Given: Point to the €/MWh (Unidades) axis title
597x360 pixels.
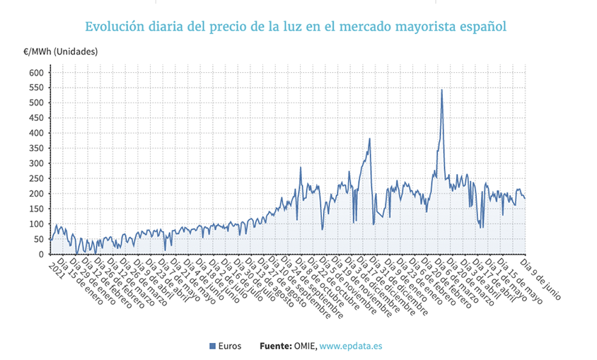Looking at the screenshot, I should click(x=60, y=52).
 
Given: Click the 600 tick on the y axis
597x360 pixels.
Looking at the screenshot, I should click(x=37, y=72).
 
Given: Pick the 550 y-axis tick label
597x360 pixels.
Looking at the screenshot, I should click(x=37, y=88).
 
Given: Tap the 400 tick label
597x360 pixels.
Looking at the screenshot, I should click(x=37, y=133).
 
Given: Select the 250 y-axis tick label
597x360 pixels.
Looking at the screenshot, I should click(x=37, y=178).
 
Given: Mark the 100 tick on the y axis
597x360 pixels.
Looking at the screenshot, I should click(x=37, y=223).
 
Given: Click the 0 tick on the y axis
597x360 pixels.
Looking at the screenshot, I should click(x=42, y=254).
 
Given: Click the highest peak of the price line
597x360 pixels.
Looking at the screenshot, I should click(x=442, y=90).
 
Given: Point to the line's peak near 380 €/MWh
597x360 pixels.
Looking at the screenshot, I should click(x=370, y=139).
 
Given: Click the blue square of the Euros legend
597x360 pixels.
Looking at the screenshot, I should click(x=212, y=346).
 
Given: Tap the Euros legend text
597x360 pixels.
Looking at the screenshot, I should click(x=230, y=346).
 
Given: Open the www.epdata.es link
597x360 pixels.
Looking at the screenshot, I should click(x=351, y=346).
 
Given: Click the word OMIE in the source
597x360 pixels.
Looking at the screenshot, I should click(x=302, y=346).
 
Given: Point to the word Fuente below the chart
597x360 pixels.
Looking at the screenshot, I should click(x=274, y=346).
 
